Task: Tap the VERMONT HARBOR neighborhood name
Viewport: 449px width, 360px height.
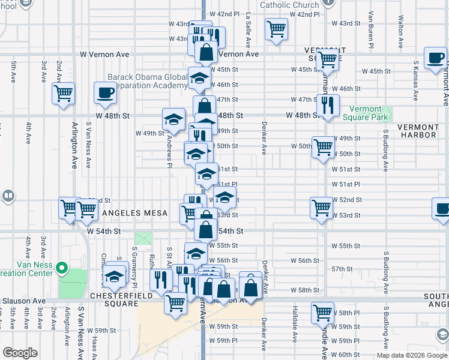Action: pyautogui.click(x=418, y=131)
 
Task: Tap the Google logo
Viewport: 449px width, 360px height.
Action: pyautogui.click(x=20, y=353)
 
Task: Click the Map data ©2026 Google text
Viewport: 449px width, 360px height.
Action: pyautogui.click(x=412, y=355)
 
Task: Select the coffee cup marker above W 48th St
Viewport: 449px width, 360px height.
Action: pyautogui.click(x=105, y=93)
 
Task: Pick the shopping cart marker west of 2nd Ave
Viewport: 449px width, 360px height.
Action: pyautogui.click(x=62, y=94)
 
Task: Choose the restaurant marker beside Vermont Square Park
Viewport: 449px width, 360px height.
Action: pyautogui.click(x=327, y=106)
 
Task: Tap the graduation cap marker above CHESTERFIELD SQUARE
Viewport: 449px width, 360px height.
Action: pyautogui.click(x=114, y=277)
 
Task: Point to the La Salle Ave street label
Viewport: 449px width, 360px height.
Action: pyautogui.click(x=248, y=30)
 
